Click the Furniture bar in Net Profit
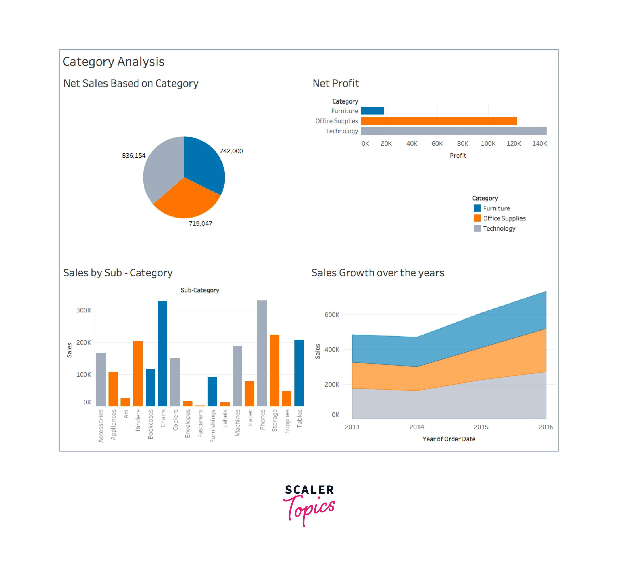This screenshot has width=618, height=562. (x=372, y=111)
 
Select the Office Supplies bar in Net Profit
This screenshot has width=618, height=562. (x=439, y=121)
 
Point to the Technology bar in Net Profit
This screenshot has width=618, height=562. (x=454, y=131)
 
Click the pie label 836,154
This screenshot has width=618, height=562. (x=134, y=155)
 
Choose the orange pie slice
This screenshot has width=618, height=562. (x=185, y=199)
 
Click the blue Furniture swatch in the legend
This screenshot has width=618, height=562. (x=477, y=208)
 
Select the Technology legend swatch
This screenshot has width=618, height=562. (x=477, y=228)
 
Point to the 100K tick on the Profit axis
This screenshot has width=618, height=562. (x=488, y=143)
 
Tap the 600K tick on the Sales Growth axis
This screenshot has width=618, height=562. (x=332, y=315)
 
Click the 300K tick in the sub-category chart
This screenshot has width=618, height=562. (x=84, y=310)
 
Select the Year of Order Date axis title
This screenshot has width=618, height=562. (x=449, y=439)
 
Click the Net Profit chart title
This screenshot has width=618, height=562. (x=336, y=83)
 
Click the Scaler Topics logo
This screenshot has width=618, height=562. (x=309, y=504)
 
